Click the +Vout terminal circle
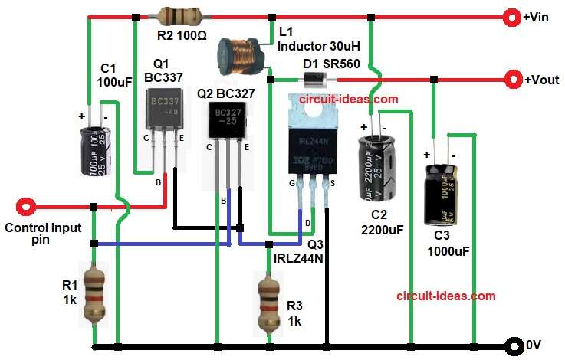pyautogui.click(x=512, y=79)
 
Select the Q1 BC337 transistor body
pyautogui.click(x=163, y=110)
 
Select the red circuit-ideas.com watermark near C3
pyautogui.click(x=445, y=296)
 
